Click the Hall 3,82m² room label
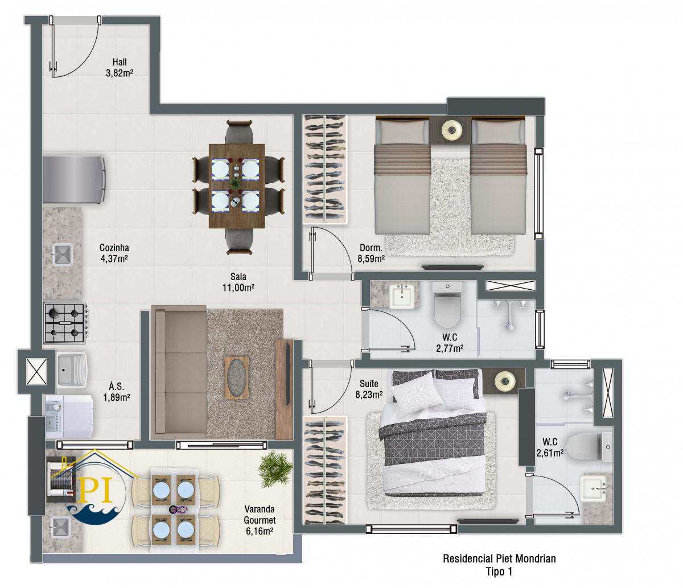(x=120, y=67)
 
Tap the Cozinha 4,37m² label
(x=114, y=253)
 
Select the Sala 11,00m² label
(x=238, y=282)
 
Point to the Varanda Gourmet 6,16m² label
(x=260, y=520)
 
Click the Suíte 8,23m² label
(x=369, y=389)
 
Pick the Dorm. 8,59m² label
(x=371, y=253)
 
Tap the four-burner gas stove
(x=66, y=323)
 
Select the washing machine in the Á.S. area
(x=69, y=417)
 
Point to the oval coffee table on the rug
(x=237, y=378)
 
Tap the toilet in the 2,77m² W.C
(x=448, y=304)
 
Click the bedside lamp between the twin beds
(x=450, y=130)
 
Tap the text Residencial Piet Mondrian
(x=499, y=559)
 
